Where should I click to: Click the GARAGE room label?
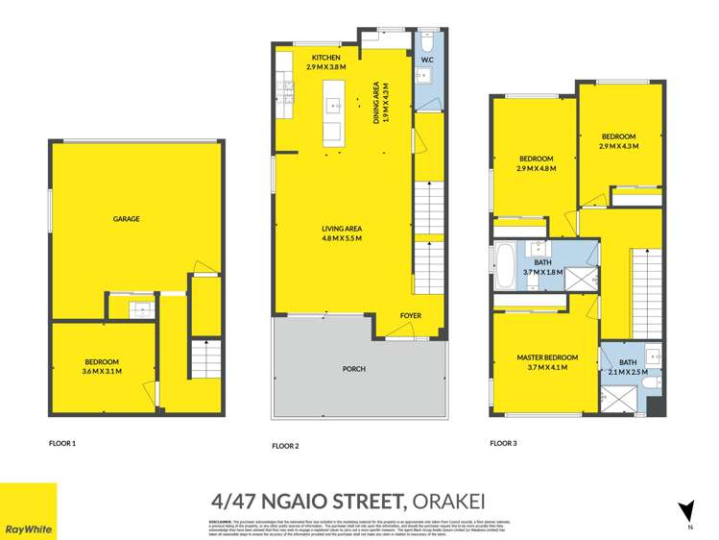point(126,219)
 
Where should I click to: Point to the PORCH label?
point(353,368)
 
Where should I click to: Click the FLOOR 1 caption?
point(62,444)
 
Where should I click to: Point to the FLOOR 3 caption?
point(503,444)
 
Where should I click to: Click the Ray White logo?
point(28,512)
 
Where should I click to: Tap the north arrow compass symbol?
point(685,511)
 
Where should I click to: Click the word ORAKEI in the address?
point(465,500)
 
